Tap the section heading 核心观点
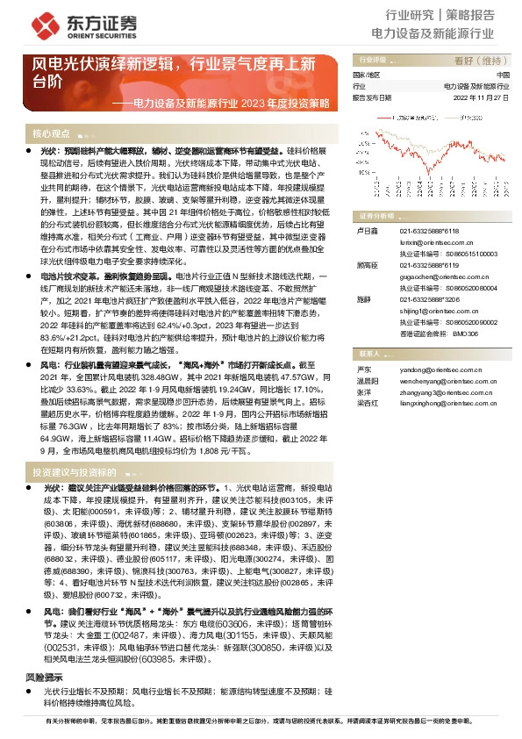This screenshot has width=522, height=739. click(51, 133)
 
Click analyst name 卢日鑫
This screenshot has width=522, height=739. click(364, 230)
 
